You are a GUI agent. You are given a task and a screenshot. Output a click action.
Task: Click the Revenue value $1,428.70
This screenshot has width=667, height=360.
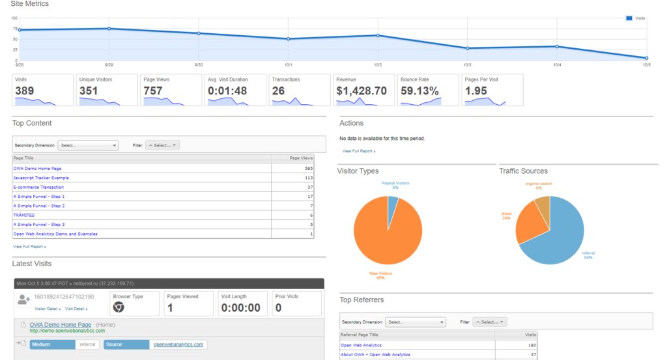click(362, 91)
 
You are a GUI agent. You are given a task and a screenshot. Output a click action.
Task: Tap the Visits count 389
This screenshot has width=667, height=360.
click(25, 91)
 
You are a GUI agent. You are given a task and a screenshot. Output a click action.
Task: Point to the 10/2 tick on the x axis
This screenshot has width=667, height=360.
click(378, 65)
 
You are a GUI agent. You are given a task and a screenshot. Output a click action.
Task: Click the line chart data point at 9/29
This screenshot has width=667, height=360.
click(109, 29)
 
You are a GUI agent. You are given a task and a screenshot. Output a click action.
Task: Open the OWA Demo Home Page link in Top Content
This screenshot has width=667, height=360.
click(37, 168)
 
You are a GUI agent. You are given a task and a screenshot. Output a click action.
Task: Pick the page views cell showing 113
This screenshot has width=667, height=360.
click(308, 178)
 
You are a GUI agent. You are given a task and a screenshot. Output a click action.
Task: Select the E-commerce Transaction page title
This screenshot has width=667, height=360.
click(38, 187)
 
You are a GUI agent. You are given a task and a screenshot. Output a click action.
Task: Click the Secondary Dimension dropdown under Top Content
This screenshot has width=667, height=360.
click(88, 145)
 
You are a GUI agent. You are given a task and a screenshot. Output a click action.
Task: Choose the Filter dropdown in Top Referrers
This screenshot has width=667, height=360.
click(489, 322)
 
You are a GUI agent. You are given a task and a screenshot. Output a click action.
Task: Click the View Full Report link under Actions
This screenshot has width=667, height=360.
click(359, 151)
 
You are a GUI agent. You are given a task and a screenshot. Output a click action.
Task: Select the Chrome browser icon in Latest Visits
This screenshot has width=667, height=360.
click(119, 307)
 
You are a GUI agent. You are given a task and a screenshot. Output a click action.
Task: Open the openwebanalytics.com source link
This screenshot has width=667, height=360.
click(178, 344)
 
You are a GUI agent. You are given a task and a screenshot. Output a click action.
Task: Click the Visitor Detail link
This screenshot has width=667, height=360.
click(48, 309)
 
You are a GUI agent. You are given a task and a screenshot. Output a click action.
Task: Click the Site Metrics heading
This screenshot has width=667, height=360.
click(29, 4)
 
